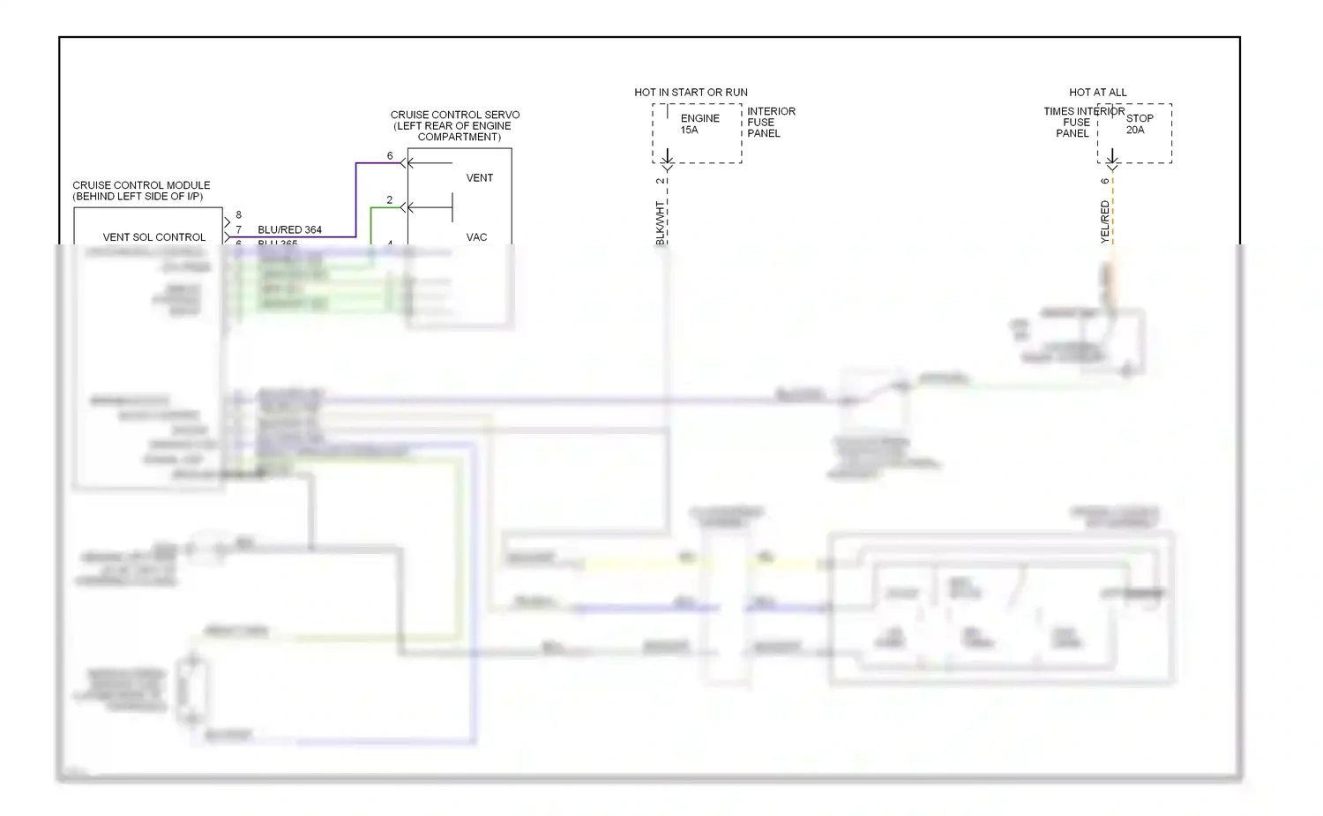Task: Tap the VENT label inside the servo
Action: (x=480, y=178)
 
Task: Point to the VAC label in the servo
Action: (x=476, y=237)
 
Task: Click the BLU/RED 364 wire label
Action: (x=289, y=230)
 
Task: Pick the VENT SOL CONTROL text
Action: (x=153, y=237)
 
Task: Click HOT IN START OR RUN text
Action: (x=691, y=93)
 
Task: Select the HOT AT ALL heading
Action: (x=1097, y=93)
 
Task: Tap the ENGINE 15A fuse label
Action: (x=699, y=124)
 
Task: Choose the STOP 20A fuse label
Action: (x=1139, y=124)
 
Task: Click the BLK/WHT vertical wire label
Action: (x=660, y=222)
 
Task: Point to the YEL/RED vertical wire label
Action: (x=1104, y=221)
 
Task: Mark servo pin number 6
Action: (x=390, y=156)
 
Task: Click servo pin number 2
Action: (x=389, y=200)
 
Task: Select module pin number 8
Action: (x=238, y=215)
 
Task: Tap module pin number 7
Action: (x=238, y=230)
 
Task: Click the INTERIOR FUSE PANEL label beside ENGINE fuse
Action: (x=770, y=123)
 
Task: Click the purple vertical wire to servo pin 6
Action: (x=356, y=199)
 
